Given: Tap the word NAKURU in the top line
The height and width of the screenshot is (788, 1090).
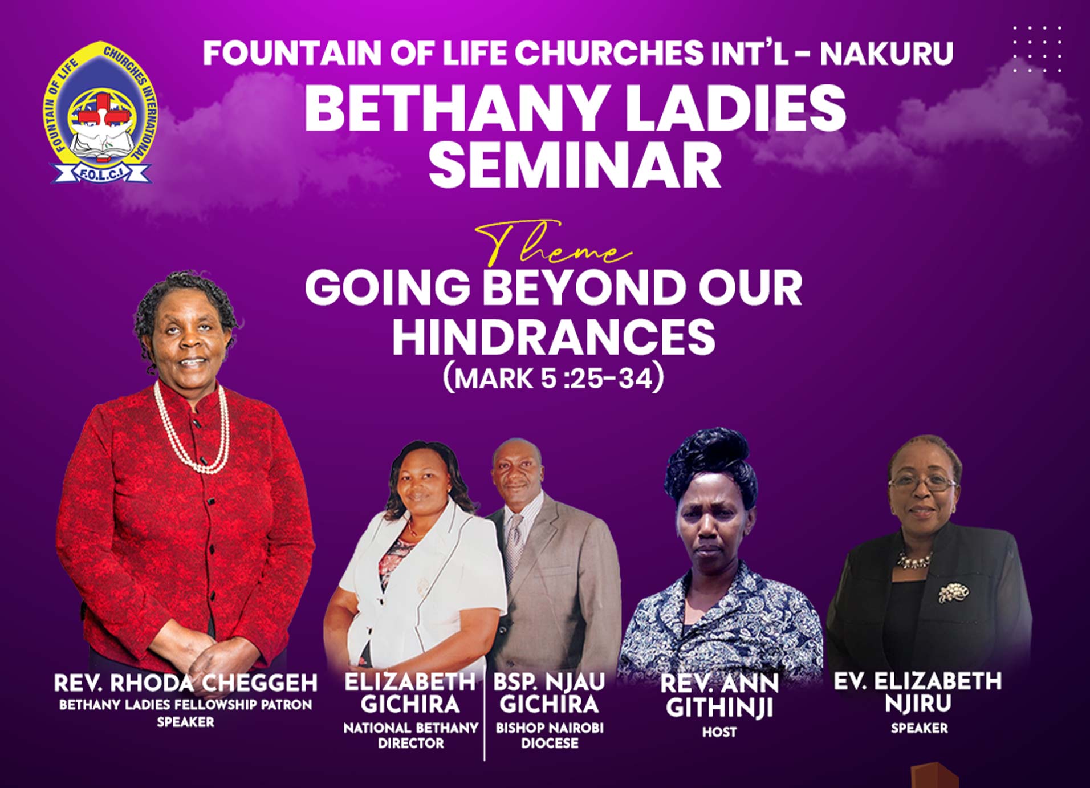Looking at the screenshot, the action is tap(886, 53).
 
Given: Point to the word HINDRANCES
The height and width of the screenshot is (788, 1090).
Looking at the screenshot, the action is tap(553, 336).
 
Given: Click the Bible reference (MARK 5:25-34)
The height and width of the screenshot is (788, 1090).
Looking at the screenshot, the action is tap(554, 378).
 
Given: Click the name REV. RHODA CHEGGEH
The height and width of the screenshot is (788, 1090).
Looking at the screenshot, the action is tap(185, 683).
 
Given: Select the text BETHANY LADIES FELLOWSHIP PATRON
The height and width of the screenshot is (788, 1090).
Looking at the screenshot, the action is tap(185, 705).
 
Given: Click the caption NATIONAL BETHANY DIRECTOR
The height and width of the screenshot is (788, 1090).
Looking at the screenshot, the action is tap(410, 736).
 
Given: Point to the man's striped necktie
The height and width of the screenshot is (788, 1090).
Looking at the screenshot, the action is tap(515, 543).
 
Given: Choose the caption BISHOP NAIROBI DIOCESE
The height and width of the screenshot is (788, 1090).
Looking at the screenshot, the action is tap(550, 736).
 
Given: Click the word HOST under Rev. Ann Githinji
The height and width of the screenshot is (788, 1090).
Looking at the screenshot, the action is tap(719, 732).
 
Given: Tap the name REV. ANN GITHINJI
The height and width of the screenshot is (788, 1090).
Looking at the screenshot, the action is tap(719, 696).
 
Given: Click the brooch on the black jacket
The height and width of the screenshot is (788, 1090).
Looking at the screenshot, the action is tap(953, 592).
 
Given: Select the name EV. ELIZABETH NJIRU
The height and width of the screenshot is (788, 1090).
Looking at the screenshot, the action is tap(918, 692).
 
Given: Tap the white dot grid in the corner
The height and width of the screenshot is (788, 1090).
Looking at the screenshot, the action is tap(1038, 49).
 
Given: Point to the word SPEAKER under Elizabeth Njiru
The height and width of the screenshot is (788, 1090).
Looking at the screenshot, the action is tap(919, 728).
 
